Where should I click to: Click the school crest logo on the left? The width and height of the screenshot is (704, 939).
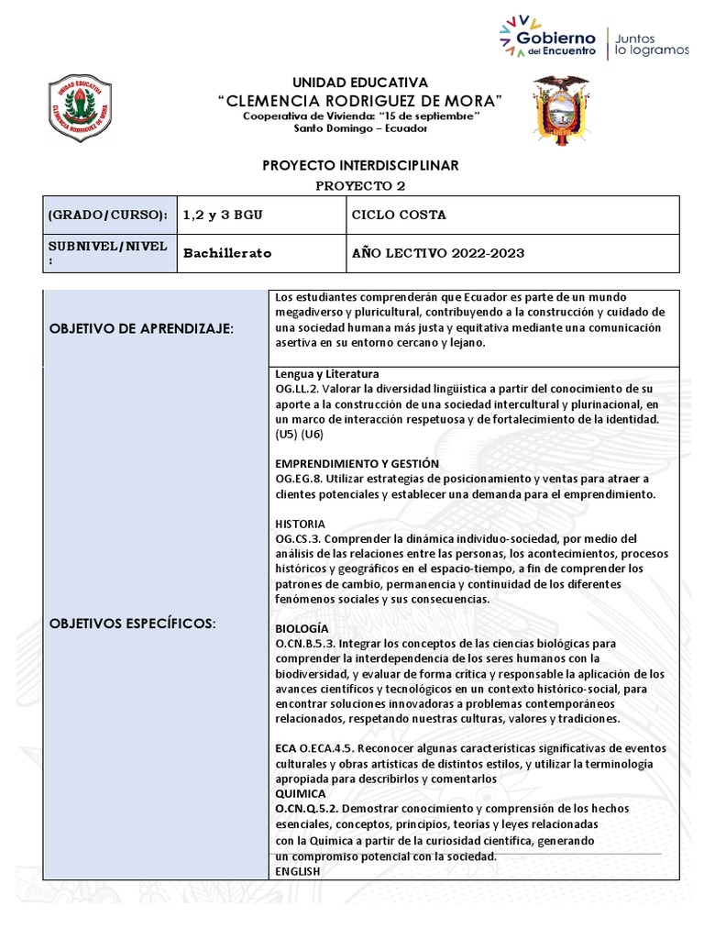click(x=79, y=107)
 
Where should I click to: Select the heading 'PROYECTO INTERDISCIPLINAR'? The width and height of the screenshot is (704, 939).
click(x=360, y=165)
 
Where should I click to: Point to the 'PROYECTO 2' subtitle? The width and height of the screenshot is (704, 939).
click(x=360, y=185)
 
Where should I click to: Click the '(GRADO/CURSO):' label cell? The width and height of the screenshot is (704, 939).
click(x=107, y=215)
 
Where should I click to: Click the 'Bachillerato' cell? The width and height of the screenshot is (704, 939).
click(x=227, y=253)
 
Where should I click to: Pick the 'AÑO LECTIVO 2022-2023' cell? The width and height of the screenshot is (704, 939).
click(x=438, y=253)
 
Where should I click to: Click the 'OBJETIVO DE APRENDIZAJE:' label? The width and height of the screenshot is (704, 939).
click(x=141, y=328)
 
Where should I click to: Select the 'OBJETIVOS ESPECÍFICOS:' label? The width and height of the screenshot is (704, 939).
click(x=132, y=624)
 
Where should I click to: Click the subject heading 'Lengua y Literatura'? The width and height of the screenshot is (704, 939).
click(x=327, y=374)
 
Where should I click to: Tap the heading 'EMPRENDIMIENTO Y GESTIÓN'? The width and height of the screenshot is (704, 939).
click(x=357, y=464)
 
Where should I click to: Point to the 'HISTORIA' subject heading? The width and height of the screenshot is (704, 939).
click(x=300, y=524)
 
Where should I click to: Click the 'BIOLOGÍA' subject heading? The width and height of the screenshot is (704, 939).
click(x=302, y=628)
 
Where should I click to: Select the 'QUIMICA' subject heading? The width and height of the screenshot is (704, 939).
click(x=301, y=793)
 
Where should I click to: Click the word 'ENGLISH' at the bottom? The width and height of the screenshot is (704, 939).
click(x=298, y=871)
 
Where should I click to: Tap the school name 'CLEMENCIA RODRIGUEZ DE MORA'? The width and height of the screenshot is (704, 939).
click(x=360, y=99)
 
